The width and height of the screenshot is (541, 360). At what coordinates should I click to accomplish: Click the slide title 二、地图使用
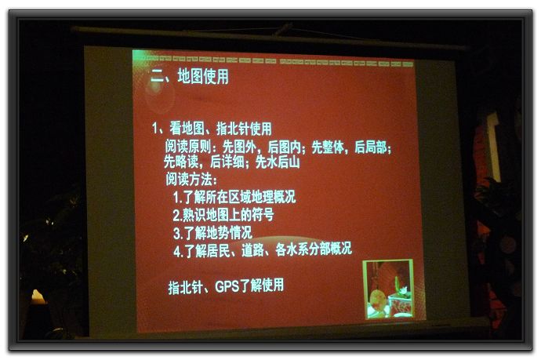point(190,76)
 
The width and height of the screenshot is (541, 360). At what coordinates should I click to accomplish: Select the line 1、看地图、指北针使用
point(212,129)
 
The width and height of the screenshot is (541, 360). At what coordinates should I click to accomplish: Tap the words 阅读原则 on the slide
point(187,147)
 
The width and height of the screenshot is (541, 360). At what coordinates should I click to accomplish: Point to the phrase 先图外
point(239,147)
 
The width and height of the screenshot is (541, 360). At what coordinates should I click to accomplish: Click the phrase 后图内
point(285,147)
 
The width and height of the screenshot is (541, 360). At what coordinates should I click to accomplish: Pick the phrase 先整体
point(328,147)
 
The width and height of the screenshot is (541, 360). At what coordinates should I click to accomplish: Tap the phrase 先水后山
point(278,162)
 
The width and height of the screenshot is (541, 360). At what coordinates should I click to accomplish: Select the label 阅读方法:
point(191,179)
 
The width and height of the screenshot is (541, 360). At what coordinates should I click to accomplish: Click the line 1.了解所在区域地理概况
point(234,197)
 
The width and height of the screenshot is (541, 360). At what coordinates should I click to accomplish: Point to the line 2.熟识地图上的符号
point(223,215)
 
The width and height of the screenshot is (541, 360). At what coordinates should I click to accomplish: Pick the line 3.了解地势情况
point(212,233)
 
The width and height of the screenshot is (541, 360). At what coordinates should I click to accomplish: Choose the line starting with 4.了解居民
point(263,250)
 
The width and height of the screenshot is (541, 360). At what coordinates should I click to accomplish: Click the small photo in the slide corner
point(389,289)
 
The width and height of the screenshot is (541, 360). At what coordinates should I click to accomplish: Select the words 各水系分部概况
point(314,249)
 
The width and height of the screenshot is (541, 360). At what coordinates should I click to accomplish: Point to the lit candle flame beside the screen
point(38,296)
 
